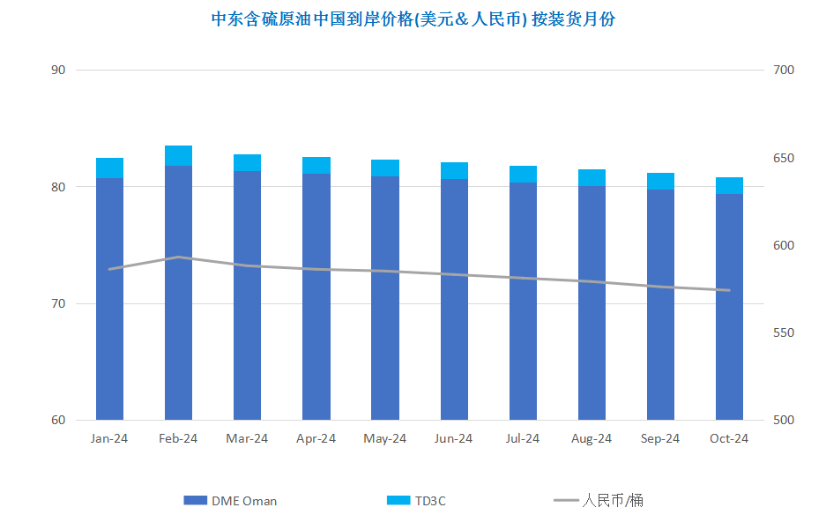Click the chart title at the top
click(413, 19)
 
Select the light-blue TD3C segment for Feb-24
click(179, 156)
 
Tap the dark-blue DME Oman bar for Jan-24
click(109, 299)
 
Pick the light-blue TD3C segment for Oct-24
click(729, 185)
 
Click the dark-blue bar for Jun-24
click(454, 299)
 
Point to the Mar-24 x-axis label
click(247, 438)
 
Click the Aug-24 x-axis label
click(591, 438)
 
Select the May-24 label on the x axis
click(384, 438)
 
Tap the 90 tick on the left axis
click(58, 70)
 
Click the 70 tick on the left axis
click(58, 303)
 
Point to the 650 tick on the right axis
click(784, 158)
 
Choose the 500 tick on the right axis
click(784, 420)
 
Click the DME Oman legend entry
click(230, 501)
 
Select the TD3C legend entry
click(416, 501)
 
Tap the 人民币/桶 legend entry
click(599, 500)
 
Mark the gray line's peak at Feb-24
click(179, 258)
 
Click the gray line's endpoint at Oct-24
click(729, 290)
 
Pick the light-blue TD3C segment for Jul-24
click(523, 175)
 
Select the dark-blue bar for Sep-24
click(660, 304)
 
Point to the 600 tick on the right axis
click(784, 245)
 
